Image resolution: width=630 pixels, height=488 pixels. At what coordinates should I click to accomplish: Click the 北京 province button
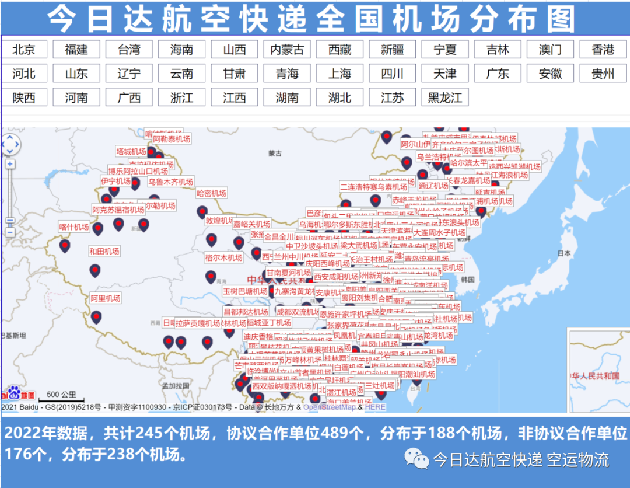[24, 50]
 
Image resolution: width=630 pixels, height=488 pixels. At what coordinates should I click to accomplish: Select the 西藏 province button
[339, 50]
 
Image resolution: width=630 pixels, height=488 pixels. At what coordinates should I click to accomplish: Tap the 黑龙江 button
[445, 97]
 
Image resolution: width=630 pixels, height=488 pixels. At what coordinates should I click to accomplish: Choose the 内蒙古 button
[287, 50]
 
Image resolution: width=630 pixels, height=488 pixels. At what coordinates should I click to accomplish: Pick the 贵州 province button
[603, 74]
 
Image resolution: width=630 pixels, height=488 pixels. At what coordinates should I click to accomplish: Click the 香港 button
[603, 50]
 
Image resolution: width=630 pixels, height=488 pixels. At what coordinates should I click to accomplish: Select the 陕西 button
[24, 97]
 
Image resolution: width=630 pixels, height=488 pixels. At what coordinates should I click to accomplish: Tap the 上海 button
[339, 74]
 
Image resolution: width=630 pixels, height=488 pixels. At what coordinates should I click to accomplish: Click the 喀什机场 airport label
[74, 226]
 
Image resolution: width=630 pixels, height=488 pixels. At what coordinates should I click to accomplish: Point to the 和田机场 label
[104, 251]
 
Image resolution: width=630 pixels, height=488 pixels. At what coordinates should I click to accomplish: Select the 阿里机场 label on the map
[106, 298]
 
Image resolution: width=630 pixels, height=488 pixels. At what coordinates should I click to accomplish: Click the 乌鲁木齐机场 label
[170, 182]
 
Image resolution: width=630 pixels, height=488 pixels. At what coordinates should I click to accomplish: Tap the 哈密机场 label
[211, 193]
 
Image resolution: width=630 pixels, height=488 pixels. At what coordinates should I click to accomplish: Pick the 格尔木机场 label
[223, 257]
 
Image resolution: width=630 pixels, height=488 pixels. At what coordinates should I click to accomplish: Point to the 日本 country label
[563, 253]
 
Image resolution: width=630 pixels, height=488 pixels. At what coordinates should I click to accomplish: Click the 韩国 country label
[467, 279]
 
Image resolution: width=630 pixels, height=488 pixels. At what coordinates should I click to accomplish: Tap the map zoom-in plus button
[10, 164]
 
